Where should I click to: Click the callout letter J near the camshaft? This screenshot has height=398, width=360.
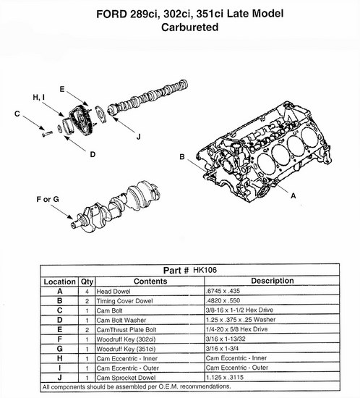[x=138, y=137]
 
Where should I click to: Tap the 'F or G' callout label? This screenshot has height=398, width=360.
[x=48, y=199]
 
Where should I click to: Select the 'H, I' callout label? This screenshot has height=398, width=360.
[x=39, y=97]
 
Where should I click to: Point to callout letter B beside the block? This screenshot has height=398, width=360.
[x=182, y=157]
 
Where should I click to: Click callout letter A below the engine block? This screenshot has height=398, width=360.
[x=293, y=195]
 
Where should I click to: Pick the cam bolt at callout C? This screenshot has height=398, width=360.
[x=47, y=133]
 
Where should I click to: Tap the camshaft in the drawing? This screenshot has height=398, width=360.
[x=147, y=98]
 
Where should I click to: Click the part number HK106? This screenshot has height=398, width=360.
[x=205, y=270]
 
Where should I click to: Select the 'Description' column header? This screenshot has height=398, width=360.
[x=273, y=281]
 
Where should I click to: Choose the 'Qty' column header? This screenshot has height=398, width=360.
[x=87, y=281]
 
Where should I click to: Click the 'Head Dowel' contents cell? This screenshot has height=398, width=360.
[x=113, y=292]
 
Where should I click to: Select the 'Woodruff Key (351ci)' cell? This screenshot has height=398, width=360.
[x=126, y=349]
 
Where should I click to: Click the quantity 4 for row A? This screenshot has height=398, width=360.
[x=87, y=292]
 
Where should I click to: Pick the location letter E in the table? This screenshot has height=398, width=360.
[x=59, y=329]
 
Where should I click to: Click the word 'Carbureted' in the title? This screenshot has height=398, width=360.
[x=190, y=27]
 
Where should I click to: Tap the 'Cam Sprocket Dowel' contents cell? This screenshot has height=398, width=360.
[x=126, y=378]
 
